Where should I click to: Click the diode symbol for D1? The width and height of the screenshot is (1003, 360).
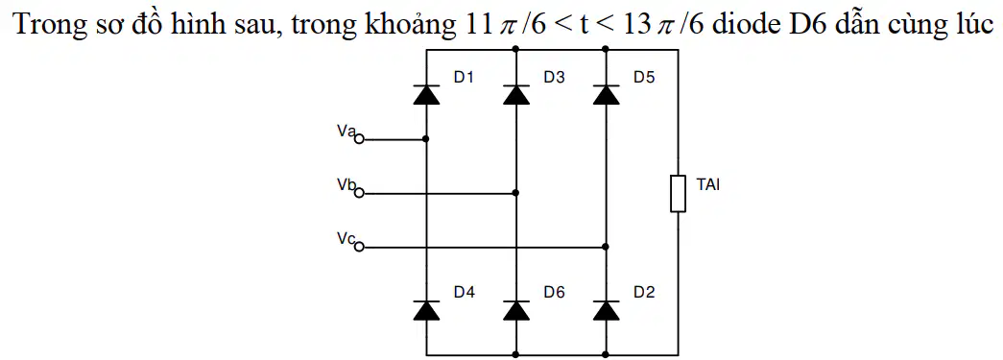click(x=427, y=95)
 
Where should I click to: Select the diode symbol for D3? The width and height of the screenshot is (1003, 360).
click(x=516, y=95)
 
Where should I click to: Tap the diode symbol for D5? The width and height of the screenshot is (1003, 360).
click(x=606, y=95)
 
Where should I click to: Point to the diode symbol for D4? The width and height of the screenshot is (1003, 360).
click(x=427, y=309)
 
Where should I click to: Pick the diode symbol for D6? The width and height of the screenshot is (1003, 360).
click(x=516, y=309)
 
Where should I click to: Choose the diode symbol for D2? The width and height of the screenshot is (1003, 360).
click(x=606, y=309)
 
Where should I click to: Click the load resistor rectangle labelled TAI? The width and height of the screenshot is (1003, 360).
click(x=678, y=193)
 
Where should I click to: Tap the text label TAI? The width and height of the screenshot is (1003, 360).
click(x=708, y=186)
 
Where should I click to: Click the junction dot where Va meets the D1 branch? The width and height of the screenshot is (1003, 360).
click(x=427, y=139)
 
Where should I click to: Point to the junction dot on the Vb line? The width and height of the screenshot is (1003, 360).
click(x=516, y=192)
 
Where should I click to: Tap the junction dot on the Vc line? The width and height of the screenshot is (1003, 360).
click(x=606, y=246)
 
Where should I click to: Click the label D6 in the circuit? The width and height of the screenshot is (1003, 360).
click(x=555, y=293)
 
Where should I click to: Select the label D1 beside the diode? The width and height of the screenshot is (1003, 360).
click(x=465, y=78)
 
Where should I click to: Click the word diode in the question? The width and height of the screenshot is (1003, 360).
click(x=745, y=24)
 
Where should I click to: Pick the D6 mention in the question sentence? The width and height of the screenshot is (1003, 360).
click(x=797, y=24)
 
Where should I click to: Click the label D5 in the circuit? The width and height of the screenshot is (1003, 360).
click(x=644, y=78)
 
